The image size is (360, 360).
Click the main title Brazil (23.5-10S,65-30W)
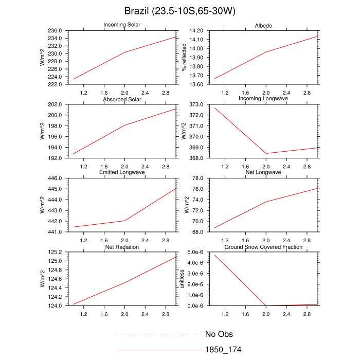click(180, 11)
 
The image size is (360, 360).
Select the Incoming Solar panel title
click(123, 25)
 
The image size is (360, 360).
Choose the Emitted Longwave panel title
click(123, 172)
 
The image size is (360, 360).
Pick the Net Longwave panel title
click(264, 172)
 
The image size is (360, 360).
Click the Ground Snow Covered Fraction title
click(263, 247)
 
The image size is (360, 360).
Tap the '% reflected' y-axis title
click(184, 57)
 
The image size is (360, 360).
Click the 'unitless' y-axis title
click(182, 279)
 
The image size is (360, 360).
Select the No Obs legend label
click(219, 334)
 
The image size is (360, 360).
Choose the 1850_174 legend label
click(223, 350)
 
